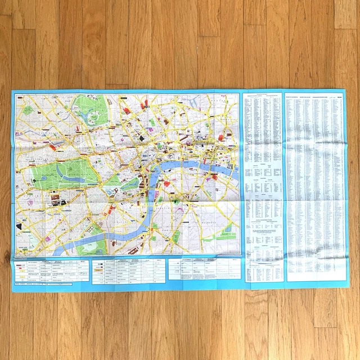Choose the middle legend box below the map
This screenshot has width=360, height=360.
(129, 269)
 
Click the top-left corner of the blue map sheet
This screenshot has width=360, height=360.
(12, 89)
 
